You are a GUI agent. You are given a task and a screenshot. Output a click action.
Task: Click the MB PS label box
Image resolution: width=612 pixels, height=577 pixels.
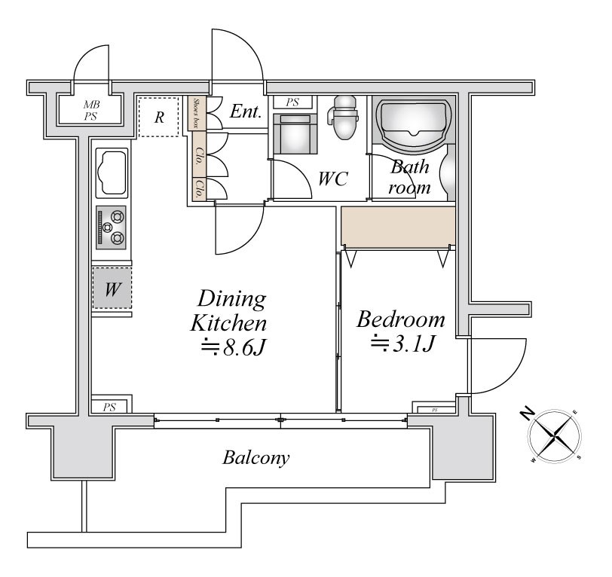coord(91,110)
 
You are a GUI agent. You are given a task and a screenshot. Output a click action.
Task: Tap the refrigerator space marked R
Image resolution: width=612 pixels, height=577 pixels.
coord(160,117)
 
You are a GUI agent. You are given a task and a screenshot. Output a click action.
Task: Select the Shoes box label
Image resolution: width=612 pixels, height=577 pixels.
coord(197,112)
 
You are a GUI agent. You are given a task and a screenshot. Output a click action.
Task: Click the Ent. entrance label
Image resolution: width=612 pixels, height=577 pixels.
coord(246,113)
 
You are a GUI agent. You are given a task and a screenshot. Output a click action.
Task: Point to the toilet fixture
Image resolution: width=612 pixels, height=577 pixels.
coord(344,118)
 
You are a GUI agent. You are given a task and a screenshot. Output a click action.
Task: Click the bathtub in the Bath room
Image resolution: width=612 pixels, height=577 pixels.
coord(414,122)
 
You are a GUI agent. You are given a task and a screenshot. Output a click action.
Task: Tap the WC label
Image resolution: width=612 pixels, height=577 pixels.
coord(332,179)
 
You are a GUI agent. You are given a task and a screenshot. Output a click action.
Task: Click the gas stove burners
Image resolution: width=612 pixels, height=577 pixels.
coord(112,228)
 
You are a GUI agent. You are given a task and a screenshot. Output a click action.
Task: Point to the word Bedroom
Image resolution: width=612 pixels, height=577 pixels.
coord(401,319)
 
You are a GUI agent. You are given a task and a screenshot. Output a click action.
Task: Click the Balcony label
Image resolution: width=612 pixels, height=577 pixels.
coord(256,457)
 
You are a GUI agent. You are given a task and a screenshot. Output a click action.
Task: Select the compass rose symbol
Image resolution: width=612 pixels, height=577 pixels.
coord(555,435)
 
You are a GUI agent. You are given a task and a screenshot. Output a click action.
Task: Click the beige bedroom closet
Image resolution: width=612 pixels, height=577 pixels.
coord(398,226)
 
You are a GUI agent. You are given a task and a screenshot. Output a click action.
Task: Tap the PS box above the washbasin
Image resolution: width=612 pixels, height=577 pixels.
coord(292,102)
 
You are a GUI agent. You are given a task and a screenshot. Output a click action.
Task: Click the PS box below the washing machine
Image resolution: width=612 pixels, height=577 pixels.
coord(110,407)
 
